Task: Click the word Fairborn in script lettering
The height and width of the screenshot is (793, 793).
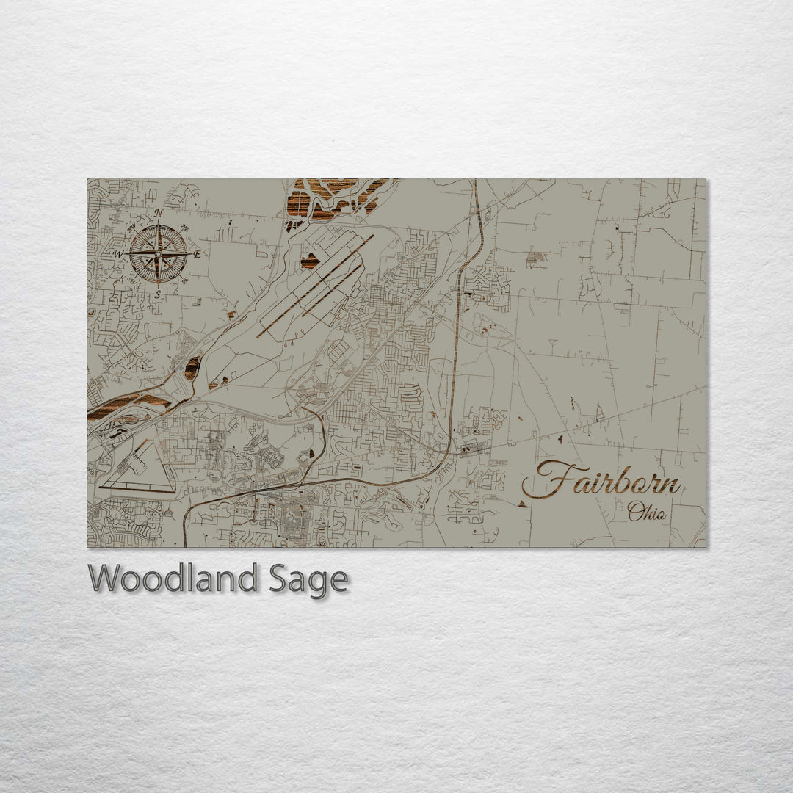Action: (602, 481)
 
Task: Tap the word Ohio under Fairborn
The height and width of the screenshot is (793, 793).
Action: (647, 513)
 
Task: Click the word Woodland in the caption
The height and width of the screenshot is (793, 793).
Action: (173, 579)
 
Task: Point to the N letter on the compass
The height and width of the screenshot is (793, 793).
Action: (158, 213)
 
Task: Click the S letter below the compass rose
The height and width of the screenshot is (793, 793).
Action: (157, 294)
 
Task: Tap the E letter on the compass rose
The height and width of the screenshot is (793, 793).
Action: (198, 255)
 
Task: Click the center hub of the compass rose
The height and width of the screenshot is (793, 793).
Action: (158, 254)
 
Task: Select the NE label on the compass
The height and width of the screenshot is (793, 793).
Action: (185, 228)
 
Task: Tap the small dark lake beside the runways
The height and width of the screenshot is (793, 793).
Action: (310, 261)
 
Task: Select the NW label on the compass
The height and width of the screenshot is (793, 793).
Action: (131, 227)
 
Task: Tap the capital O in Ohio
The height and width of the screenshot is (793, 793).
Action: (634, 512)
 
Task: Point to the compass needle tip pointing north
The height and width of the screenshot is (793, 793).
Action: (158, 223)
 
